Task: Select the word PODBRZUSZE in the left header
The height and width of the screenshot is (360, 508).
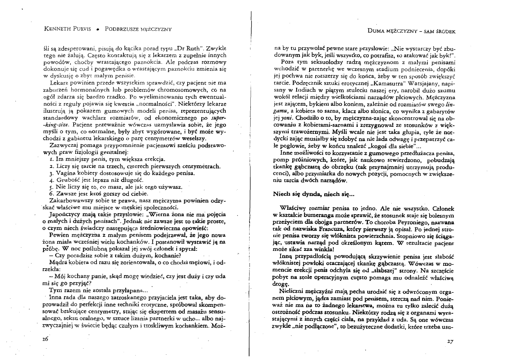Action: [120, 29]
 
